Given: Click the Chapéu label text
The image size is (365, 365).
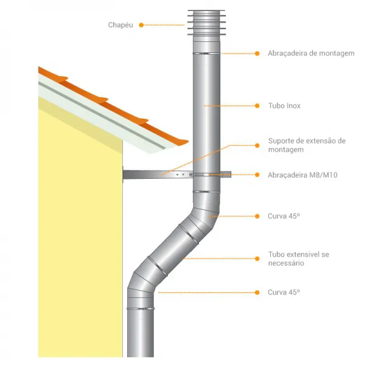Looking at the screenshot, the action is point(120,25).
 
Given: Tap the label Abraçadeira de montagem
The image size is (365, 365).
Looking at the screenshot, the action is point(311,54).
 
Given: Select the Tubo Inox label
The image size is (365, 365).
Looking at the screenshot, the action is point(284,106).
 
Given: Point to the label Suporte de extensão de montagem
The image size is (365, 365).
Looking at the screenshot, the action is point(307,145).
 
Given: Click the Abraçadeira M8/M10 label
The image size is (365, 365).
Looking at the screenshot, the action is point(302,175).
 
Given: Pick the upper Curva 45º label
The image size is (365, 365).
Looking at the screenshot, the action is point(283,216).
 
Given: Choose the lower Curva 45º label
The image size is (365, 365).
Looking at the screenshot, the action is point(283,292).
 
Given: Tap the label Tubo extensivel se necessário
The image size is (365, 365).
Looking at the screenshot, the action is point(299,259).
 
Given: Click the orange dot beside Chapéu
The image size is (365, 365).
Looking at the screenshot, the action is point(141,25).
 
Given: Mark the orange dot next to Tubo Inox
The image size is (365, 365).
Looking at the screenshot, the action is point(257,106).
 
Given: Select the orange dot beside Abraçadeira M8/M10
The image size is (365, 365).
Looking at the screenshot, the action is point(257,175).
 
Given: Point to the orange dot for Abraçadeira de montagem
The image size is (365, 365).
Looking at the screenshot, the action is point(257,54).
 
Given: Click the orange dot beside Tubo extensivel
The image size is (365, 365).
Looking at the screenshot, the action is point(257,259).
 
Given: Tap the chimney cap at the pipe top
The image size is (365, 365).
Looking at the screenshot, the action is point(206,23).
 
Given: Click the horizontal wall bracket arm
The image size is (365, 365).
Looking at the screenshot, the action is point(177,175).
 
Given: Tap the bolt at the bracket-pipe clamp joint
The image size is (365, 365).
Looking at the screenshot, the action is point(191,175).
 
